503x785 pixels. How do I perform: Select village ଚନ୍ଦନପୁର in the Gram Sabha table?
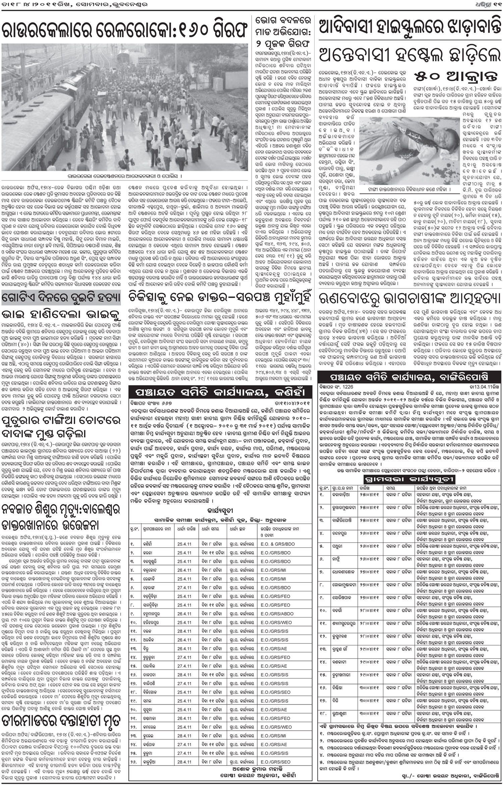click(347, 532)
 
